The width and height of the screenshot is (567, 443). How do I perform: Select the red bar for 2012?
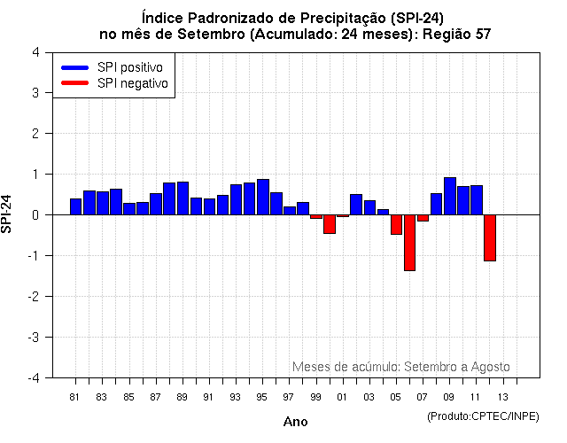pyautogui.click(x=489, y=237)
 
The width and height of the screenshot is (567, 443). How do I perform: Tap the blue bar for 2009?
pyautogui.click(x=449, y=196)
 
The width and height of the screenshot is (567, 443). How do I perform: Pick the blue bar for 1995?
pyautogui.click(x=263, y=197)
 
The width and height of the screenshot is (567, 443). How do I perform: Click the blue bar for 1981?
pyautogui.click(x=76, y=206)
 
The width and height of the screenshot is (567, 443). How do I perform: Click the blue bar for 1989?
pyautogui.click(x=183, y=198)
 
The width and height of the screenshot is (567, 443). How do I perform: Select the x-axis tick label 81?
pyautogui.click(x=75, y=397)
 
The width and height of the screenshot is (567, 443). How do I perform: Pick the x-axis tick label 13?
pyautogui.click(x=502, y=397)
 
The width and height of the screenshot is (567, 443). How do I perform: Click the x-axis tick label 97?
pyautogui.click(x=289, y=397)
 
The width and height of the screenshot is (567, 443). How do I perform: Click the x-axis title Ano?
pyautogui.click(x=295, y=422)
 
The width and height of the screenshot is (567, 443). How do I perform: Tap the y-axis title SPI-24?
pyautogui.click(x=8, y=214)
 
